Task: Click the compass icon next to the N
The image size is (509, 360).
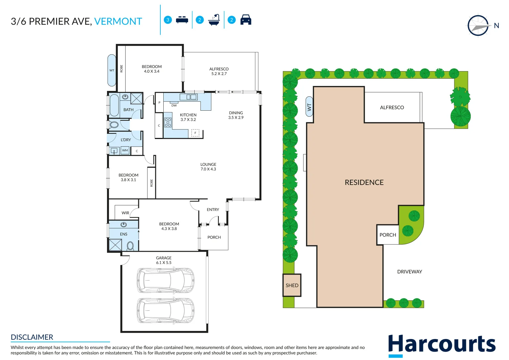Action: (478, 26)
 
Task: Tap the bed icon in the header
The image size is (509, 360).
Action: (182, 20)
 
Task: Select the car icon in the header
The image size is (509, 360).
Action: (246, 20)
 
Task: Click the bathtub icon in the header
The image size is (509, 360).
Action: (214, 20)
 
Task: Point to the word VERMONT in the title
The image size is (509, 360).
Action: (118, 21)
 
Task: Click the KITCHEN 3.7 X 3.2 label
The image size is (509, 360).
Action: (188, 117)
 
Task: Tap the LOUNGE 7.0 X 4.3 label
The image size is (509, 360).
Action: (208, 167)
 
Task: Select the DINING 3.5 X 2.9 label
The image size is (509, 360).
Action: (236, 115)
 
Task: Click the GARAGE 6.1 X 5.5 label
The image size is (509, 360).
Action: (164, 260)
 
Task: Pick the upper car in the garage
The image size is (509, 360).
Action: (165, 280)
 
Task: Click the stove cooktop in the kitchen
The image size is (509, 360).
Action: (168, 122)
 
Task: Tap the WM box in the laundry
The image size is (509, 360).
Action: (125, 150)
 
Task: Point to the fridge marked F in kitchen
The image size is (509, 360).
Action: (195, 133)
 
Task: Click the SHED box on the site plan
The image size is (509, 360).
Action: (292, 285)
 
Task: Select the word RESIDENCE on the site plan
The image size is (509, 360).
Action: (364, 182)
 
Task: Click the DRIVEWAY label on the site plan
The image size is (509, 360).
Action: (409, 272)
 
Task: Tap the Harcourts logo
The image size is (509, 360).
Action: (442, 345)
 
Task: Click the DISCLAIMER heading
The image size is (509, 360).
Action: (32, 337)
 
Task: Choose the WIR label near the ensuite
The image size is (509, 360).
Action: (125, 213)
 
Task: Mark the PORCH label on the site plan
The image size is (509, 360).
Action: (388, 235)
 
